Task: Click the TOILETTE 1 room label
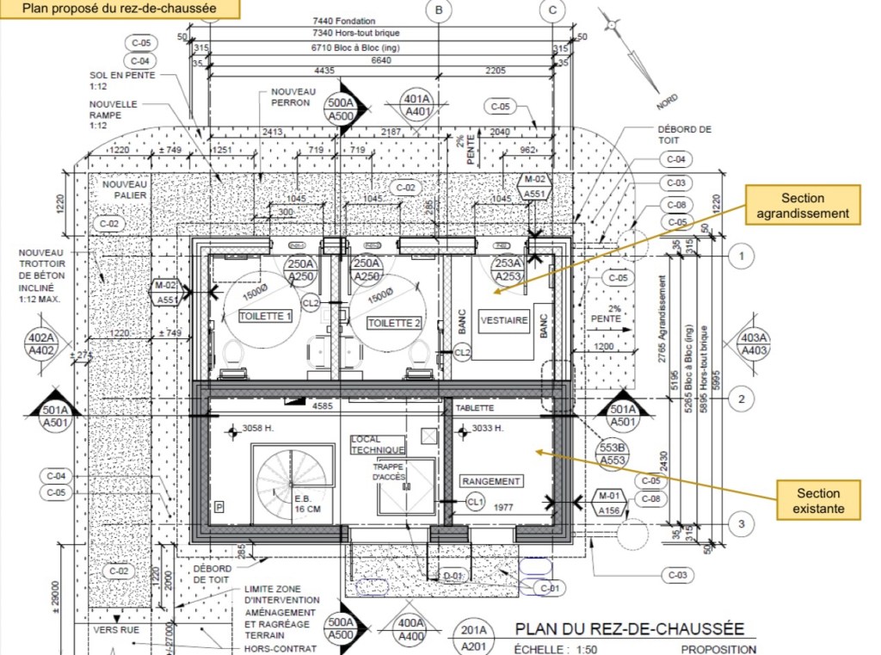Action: [266, 317]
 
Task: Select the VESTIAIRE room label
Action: [504, 320]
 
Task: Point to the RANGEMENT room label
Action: [491, 481]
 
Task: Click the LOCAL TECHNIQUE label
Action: [378, 445]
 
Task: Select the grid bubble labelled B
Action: [439, 10]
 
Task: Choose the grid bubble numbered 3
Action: [741, 523]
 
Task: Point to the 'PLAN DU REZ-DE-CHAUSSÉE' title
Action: [629, 629]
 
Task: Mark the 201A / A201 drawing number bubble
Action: [476, 638]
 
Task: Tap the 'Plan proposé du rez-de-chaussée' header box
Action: [119, 9]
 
